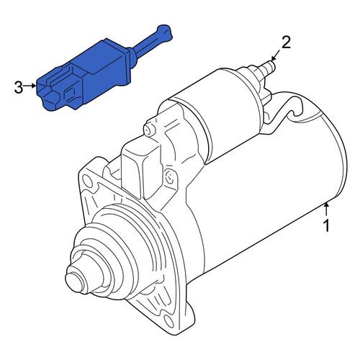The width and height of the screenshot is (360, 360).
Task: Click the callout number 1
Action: (x=326, y=225)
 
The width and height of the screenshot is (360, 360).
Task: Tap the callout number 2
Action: (x=286, y=42)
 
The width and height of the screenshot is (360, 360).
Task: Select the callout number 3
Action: (x=19, y=87)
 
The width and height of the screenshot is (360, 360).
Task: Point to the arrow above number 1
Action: (x=326, y=209)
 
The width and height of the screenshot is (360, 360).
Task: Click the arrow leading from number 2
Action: (x=275, y=55)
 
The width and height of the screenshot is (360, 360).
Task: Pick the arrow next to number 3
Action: (x=30, y=86)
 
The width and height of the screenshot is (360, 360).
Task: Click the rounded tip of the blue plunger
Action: (x=165, y=32)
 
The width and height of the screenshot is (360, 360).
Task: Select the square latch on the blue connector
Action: (x=71, y=94)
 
